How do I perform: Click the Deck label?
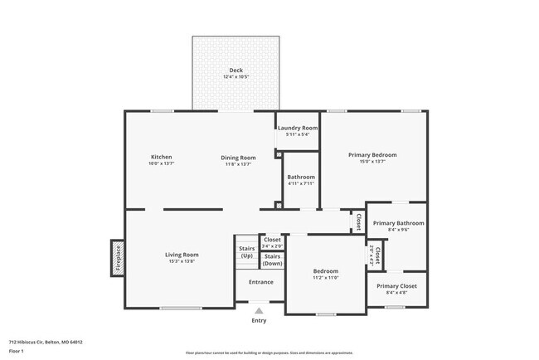click(236, 70)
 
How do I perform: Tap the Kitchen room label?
click(161, 157)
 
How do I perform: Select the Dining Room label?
click(238, 157)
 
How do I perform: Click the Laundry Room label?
click(297, 128)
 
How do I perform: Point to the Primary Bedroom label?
click(372, 155)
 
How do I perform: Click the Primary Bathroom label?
click(398, 223)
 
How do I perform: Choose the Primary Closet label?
click(396, 286)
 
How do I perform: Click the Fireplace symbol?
click(118, 258)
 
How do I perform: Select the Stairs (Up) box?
click(246, 251)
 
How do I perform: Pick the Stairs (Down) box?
click(272, 260)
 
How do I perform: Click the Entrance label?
click(260, 282)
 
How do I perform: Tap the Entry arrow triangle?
click(259, 311)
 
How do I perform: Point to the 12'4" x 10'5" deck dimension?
click(236, 77)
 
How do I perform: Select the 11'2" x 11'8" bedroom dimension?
click(325, 279)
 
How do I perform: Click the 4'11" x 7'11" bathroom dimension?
click(301, 184)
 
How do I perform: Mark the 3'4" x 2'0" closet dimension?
click(272, 246)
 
